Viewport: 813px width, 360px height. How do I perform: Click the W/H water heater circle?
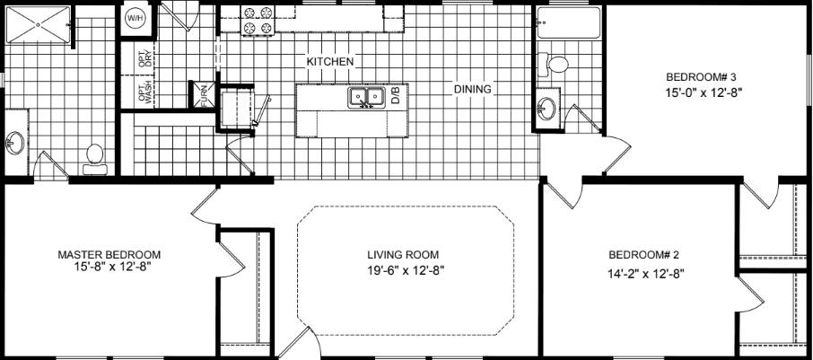click(x=135, y=17)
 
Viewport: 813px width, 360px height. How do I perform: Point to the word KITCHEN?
click(x=329, y=62)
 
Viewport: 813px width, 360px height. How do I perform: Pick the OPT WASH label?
click(x=144, y=93)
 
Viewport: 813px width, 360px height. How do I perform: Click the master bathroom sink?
click(x=15, y=142)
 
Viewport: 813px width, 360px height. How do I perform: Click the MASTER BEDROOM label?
click(x=109, y=253)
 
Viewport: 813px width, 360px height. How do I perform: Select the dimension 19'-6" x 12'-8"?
click(x=406, y=269)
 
